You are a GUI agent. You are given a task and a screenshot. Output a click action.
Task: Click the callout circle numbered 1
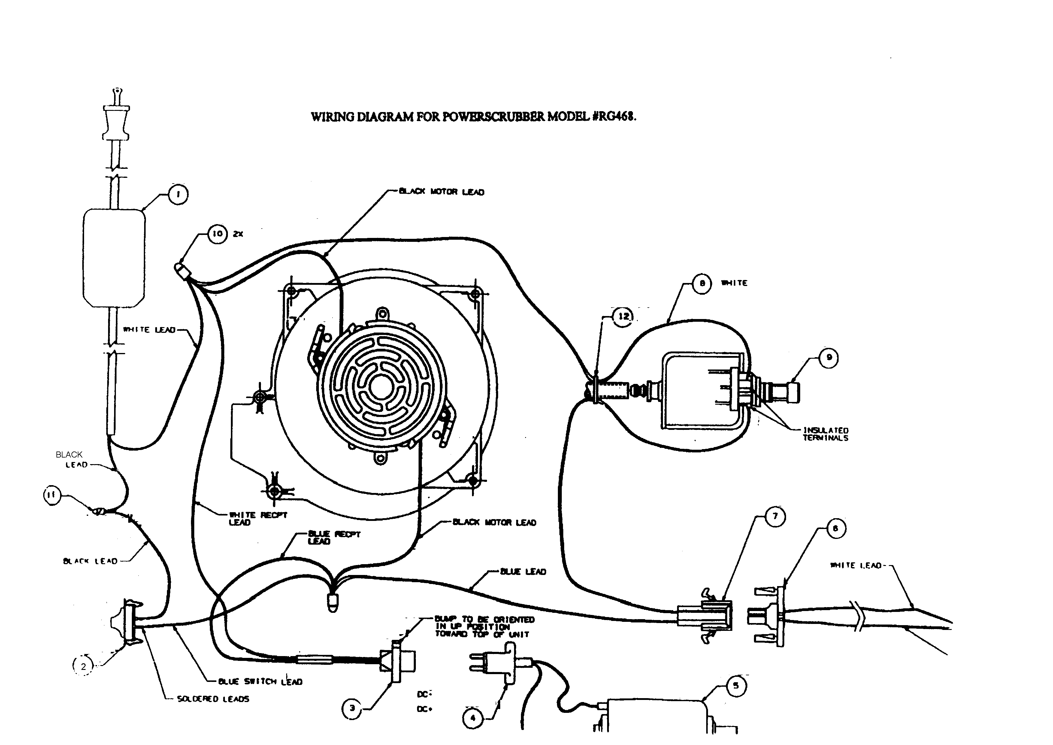click(x=178, y=194)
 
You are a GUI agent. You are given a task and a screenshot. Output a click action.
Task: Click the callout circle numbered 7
click(x=775, y=516)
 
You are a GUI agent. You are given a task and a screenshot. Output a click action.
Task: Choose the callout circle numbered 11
click(x=52, y=495)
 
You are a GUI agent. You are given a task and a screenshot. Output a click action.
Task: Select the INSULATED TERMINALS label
click(x=825, y=434)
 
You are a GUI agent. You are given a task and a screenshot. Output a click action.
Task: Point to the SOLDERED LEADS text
click(x=213, y=699)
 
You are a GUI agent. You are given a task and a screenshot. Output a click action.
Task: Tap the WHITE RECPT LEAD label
click(x=258, y=519)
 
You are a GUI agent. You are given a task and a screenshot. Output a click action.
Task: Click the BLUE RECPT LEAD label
click(x=334, y=537)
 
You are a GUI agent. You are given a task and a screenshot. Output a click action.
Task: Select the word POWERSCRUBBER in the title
click(x=494, y=117)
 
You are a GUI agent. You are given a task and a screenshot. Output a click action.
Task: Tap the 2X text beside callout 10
click(x=238, y=234)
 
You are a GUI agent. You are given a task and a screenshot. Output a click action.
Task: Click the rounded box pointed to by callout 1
click(x=114, y=258)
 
